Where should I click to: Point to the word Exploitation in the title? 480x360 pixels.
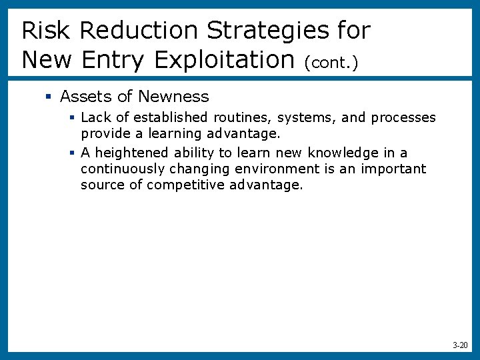point(225,60)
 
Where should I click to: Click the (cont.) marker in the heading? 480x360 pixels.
point(331,63)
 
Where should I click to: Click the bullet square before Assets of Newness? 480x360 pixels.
point(48,97)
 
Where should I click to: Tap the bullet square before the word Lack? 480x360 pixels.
point(72,118)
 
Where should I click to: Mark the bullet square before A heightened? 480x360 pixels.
point(72,153)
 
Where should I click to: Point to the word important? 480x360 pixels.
point(393,169)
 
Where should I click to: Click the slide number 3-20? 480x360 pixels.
point(460,345)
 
